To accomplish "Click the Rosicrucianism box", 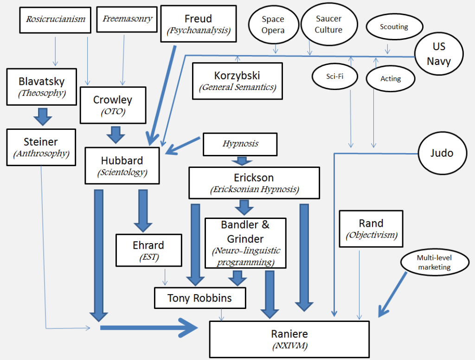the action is [55, 20].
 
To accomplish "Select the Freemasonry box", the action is [127, 19].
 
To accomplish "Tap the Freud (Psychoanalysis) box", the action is [199, 24].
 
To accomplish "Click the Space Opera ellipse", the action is [273, 25].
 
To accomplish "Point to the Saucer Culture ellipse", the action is [329, 24].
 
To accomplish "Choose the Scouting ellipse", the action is [394, 26].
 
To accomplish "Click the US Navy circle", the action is [439, 54].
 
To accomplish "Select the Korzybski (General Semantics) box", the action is [237, 81].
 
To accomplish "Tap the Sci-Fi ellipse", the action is [335, 77].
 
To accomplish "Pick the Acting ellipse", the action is [391, 79].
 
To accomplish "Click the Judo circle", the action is [442, 153].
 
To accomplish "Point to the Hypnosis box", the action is [240, 144].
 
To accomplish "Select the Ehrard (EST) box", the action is [149, 251].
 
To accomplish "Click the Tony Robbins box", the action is [200, 298].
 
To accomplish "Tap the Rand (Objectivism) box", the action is [371, 229].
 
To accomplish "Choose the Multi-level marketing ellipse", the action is [435, 263].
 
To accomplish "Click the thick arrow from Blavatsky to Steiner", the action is [42, 116].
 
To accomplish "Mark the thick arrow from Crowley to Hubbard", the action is [116, 135].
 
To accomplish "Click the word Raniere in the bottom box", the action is [289, 334].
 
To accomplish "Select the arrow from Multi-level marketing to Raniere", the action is [392, 295].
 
